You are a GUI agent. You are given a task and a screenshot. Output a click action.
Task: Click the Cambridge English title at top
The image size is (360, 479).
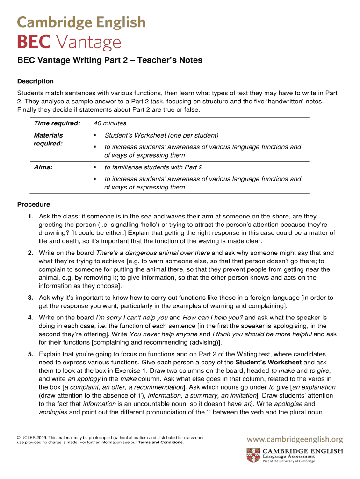(81, 22)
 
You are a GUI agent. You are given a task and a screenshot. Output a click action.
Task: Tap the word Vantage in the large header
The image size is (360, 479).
(89, 44)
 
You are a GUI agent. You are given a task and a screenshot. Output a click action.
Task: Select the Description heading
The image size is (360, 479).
(35, 81)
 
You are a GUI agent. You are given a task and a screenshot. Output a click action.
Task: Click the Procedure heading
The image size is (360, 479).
(33, 204)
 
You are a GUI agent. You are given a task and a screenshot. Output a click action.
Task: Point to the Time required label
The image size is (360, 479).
(57, 123)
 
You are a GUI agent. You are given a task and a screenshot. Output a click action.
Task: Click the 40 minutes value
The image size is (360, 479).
(110, 123)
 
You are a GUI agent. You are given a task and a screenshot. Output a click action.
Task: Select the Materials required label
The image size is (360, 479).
(48, 139)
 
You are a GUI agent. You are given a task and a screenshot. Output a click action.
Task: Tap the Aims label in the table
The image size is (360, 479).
(43, 167)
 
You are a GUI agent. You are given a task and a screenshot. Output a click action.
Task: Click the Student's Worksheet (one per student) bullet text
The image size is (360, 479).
(161, 135)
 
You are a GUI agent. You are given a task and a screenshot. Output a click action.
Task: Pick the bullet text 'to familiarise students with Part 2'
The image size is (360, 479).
(153, 167)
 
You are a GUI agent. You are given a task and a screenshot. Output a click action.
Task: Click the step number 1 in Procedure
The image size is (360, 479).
(30, 217)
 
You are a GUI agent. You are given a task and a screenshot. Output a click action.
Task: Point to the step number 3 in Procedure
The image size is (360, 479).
(30, 298)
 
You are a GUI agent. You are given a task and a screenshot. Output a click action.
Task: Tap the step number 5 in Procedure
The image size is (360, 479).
(30, 354)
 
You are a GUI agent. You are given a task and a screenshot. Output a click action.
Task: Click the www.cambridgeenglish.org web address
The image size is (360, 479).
(295, 439)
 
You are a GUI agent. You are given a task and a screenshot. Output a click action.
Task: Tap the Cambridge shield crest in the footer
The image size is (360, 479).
(253, 455)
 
